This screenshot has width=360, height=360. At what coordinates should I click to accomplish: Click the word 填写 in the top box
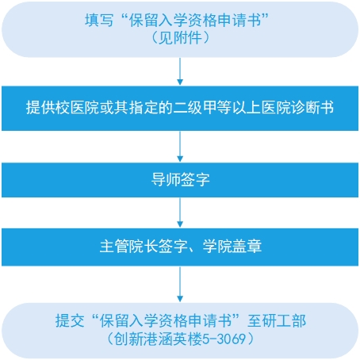click(x=99, y=20)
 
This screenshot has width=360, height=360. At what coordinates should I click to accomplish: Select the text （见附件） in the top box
click(x=180, y=38)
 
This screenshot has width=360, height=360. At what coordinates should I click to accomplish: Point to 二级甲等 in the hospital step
click(x=202, y=108)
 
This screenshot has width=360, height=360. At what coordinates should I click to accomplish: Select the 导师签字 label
click(x=181, y=180)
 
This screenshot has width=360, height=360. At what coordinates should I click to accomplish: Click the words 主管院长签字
click(x=144, y=247)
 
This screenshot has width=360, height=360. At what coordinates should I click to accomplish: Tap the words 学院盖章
click(x=232, y=247)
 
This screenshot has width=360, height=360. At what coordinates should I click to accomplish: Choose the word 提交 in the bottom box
click(x=70, y=321)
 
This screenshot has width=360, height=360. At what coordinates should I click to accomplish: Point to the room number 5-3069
click(x=224, y=339)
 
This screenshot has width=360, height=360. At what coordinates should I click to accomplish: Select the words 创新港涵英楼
click(x=158, y=339)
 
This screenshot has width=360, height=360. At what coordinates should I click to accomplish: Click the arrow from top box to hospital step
click(x=180, y=71)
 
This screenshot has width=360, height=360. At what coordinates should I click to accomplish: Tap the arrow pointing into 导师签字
click(x=180, y=147)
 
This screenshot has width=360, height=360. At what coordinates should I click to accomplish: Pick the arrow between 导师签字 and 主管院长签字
click(x=180, y=213)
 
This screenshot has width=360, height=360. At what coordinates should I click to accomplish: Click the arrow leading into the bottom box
click(x=180, y=284)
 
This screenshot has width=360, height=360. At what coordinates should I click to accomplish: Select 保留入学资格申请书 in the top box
click(x=195, y=20)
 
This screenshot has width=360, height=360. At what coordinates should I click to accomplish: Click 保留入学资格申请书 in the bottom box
click(x=166, y=321)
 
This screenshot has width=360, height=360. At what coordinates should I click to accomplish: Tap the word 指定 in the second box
click(x=144, y=108)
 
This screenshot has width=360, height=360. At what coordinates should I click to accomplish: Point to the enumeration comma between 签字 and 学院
click(x=193, y=250)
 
